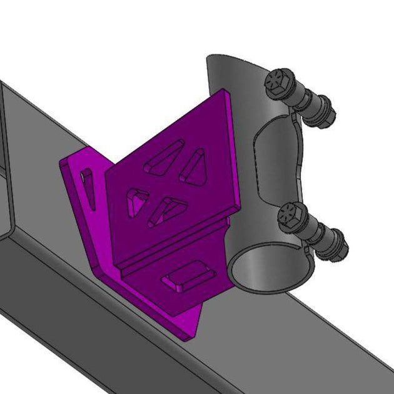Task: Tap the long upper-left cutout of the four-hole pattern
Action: [164, 156]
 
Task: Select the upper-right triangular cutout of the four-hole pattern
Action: [194, 166]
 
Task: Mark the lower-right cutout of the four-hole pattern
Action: [165, 210]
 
